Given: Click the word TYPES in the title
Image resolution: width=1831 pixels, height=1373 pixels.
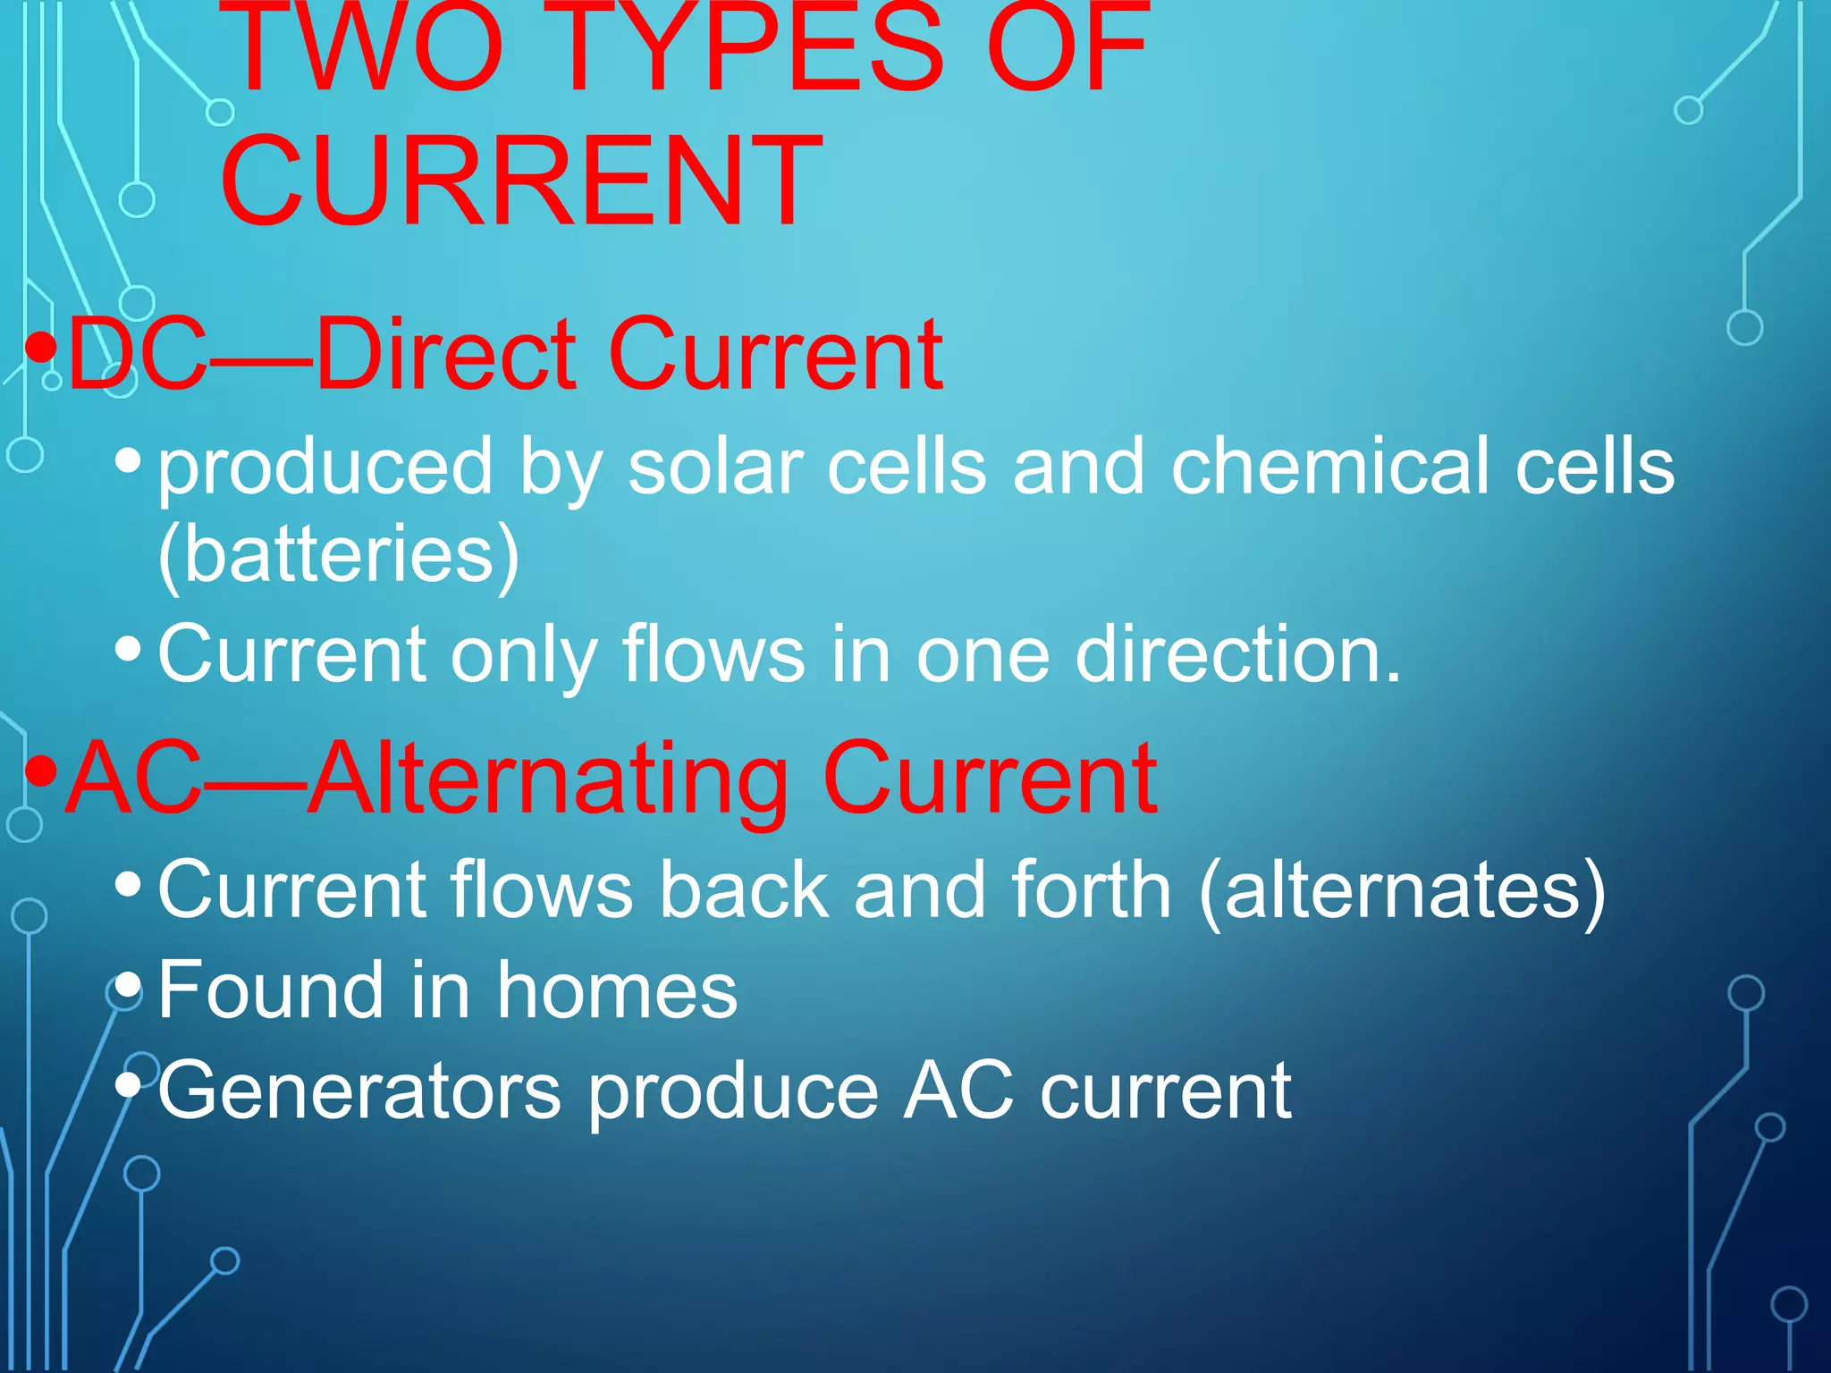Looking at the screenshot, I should click(751, 45).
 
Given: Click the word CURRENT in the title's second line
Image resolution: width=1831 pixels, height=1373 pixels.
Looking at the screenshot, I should click(520, 179).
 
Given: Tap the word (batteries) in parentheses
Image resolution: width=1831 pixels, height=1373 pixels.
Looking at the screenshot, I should click(338, 554).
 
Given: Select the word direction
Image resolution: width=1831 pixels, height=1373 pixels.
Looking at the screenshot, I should click(1237, 654).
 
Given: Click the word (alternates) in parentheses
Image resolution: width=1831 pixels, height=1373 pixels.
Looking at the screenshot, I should click(1402, 889).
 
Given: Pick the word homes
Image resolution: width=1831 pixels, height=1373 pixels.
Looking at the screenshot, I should click(617, 990).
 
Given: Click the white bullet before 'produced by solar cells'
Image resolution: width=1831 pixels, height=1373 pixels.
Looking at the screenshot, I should click(129, 461).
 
